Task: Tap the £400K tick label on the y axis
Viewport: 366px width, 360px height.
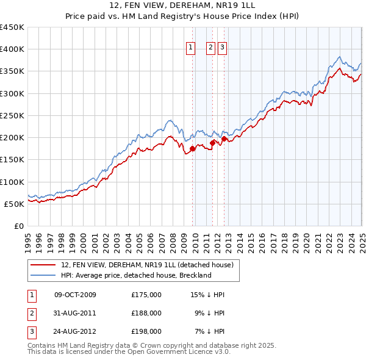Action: point(12,49)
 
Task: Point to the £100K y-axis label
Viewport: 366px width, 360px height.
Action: point(12,182)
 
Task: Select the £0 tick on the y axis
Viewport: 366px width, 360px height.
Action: point(18,226)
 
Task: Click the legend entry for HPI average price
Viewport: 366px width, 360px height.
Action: point(135,275)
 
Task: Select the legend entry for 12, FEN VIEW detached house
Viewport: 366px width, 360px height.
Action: point(147,265)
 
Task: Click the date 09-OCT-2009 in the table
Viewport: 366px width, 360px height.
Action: point(75,295)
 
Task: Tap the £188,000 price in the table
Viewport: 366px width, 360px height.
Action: point(146,313)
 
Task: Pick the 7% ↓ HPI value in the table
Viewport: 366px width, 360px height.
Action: point(210,331)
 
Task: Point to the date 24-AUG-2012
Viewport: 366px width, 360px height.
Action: point(75,331)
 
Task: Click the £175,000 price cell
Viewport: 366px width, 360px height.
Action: point(146,295)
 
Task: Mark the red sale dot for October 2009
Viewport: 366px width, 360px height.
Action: point(192,148)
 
